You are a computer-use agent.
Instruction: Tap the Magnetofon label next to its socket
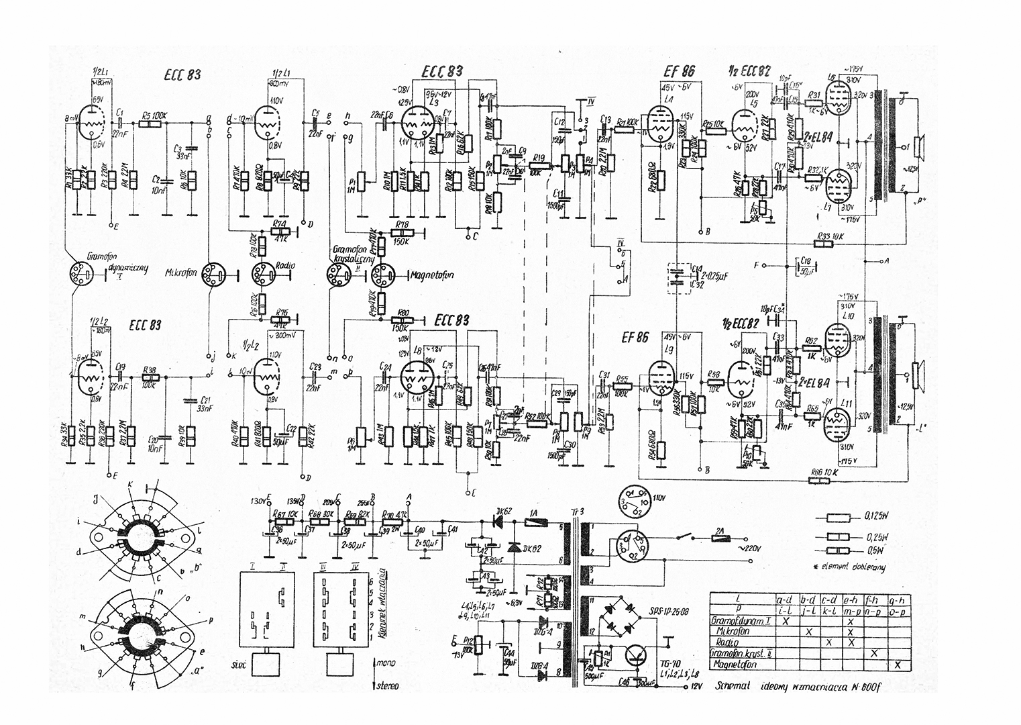(x=429, y=274)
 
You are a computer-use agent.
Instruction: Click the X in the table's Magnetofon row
(x=898, y=665)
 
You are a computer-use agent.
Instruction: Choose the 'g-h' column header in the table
(x=898, y=598)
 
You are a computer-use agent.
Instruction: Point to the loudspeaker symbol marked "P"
(x=920, y=144)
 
